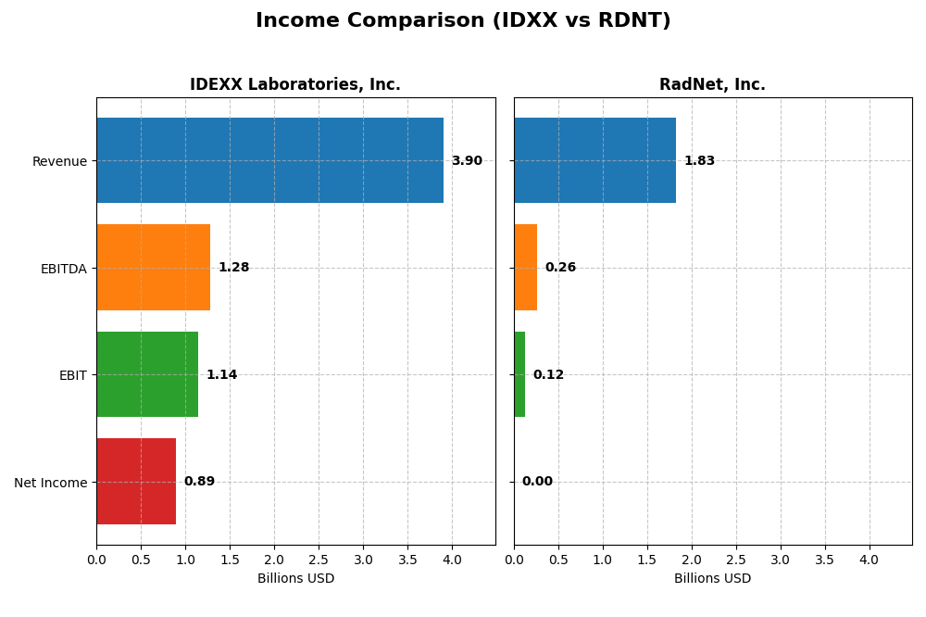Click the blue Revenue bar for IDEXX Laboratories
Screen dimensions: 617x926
(x=269, y=160)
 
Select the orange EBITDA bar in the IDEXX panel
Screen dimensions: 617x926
(x=153, y=267)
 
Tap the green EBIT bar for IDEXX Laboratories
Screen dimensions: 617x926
(x=147, y=374)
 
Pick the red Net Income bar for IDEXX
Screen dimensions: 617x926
(x=136, y=481)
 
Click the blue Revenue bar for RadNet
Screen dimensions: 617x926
(x=594, y=160)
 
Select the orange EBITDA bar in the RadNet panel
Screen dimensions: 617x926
(x=525, y=267)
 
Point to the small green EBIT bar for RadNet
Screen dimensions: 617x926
(x=519, y=374)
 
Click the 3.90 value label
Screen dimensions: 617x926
(x=467, y=161)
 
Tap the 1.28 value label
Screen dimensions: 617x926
(x=233, y=268)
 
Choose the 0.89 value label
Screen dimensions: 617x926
(x=199, y=482)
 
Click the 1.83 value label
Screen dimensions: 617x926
(x=699, y=161)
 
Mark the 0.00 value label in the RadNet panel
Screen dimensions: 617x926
(x=537, y=482)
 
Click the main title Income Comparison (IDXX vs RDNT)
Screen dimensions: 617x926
(x=463, y=20)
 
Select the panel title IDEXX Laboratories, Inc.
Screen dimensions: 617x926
(x=295, y=85)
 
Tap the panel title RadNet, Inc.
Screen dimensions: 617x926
(x=712, y=85)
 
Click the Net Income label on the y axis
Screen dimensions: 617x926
(x=50, y=483)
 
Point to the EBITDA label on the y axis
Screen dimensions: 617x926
(x=63, y=269)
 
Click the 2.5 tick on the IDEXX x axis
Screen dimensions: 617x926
(x=319, y=560)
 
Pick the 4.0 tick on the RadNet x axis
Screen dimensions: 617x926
(x=869, y=560)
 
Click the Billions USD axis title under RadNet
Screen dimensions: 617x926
(x=712, y=579)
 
